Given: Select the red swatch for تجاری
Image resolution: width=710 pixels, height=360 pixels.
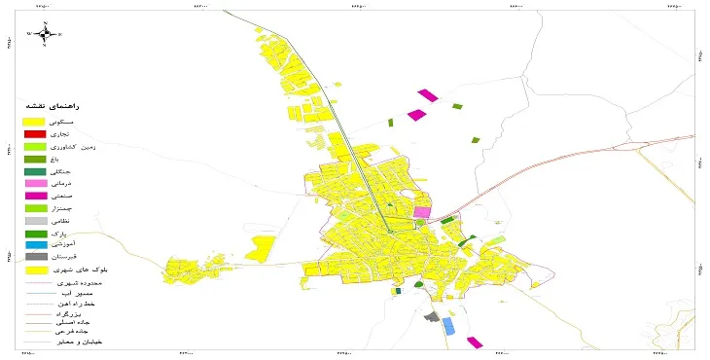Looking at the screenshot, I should (35, 132).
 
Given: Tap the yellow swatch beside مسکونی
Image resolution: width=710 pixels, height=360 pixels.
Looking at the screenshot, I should (35, 119).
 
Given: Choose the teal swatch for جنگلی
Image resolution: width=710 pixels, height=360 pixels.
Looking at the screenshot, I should (35, 171).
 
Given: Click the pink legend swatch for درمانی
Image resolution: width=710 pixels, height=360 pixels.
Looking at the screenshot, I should (35, 183).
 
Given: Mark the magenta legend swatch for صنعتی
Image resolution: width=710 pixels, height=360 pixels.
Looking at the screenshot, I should (35, 196).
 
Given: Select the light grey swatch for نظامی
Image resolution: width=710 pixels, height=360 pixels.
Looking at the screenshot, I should (35, 221).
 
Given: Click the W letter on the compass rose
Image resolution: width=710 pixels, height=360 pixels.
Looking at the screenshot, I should (29, 34).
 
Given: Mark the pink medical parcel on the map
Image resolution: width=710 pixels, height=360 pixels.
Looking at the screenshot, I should (422, 211).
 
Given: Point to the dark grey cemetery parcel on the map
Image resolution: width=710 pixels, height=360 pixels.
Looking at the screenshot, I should (432, 315).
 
